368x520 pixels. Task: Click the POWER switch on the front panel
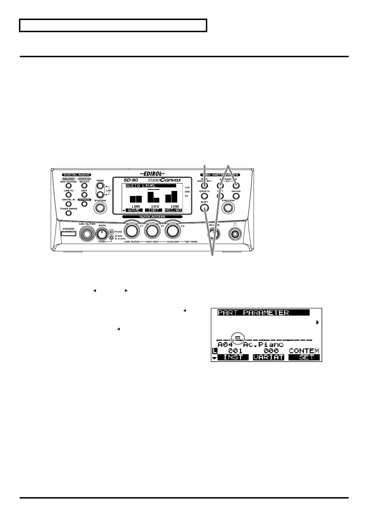click(68, 234)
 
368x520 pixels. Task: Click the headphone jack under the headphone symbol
click(235, 234)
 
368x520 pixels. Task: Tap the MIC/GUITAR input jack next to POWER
click(87, 234)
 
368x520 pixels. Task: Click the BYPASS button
click(84, 204)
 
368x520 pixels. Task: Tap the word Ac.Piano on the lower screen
click(263, 345)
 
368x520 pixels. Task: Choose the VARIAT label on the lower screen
click(268, 357)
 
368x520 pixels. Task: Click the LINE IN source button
click(68, 195)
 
